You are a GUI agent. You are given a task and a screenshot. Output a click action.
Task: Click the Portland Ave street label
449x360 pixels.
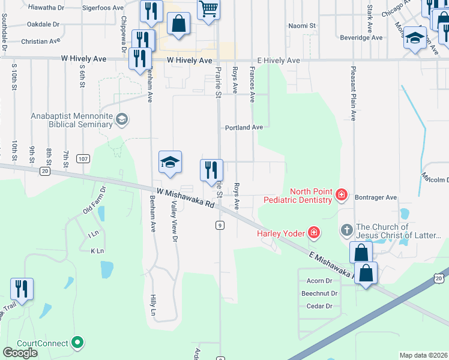tap(244, 128)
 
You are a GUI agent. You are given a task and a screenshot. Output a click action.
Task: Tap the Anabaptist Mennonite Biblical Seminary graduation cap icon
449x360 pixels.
tap(123, 119)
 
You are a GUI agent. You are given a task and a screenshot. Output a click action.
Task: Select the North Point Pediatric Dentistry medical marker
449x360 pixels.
tap(342, 194)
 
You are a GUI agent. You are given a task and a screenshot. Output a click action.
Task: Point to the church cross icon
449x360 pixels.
tap(347, 230)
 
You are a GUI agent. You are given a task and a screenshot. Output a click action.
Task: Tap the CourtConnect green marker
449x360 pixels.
tap(77, 343)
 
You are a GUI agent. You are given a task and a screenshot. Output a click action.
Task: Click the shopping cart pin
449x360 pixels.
tap(208, 10)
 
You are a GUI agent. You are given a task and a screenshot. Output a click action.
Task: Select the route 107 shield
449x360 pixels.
tap(83, 158)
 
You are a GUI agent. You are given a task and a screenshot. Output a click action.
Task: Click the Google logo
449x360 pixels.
tap(20, 353)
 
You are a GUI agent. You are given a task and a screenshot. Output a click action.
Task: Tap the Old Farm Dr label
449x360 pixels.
tap(94, 200)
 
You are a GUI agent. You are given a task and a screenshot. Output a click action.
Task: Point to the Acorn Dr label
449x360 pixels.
tap(319, 281)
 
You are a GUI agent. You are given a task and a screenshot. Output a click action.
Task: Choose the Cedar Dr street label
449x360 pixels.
tap(319, 306)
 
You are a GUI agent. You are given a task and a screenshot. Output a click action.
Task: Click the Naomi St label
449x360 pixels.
tap(301, 26)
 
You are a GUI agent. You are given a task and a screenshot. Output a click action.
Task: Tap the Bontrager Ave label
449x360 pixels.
tap(375, 197)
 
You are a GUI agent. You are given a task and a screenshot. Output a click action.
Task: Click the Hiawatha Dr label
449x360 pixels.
tap(46, 7)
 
